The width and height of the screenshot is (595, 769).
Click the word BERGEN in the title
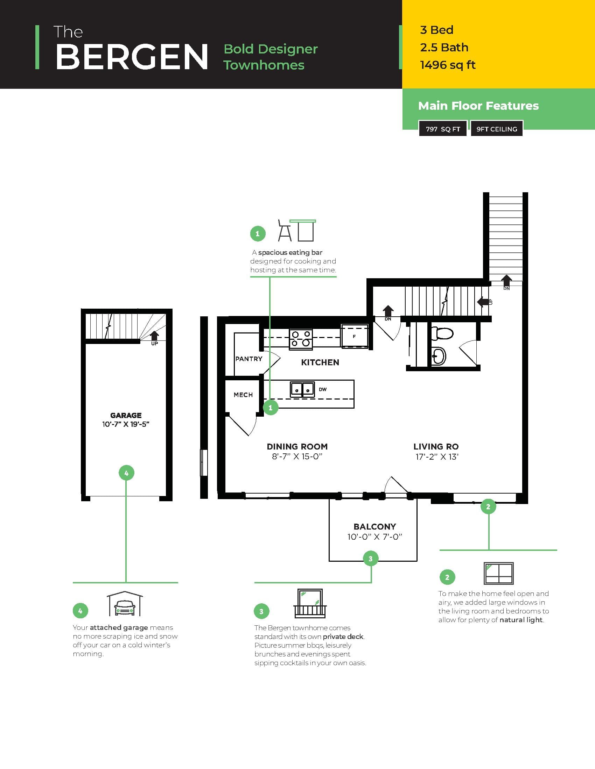coord(132,57)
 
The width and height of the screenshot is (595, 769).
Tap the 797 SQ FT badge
coord(443,129)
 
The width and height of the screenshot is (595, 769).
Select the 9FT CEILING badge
coord(497,129)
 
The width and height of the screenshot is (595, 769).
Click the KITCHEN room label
coord(320,362)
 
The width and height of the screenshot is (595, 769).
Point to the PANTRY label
coord(249,359)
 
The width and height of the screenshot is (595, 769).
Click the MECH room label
coord(243,395)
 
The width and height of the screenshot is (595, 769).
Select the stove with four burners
coord(301,339)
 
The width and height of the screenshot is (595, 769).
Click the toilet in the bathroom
coord(442,333)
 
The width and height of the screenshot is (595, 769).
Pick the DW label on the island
coord(323,389)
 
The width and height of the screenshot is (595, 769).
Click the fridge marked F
coord(354,337)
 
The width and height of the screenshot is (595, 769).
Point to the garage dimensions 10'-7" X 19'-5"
coord(126,424)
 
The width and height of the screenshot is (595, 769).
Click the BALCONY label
coord(375,526)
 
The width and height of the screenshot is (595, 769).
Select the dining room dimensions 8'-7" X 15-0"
coord(297,457)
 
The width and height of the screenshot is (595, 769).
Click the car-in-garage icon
coord(125,604)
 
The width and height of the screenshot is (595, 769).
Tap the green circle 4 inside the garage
coord(127,473)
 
